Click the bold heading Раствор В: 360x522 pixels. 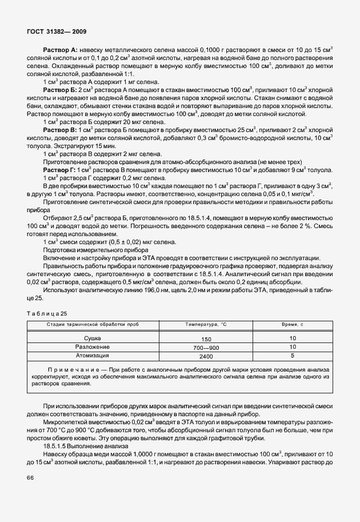point(61,131)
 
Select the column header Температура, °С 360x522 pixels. point(206,324)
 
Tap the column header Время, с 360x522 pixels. point(292,324)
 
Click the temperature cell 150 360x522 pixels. point(206,339)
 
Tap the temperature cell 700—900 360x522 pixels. point(206,347)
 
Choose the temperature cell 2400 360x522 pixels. point(206,356)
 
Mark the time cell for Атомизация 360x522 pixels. point(292,355)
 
